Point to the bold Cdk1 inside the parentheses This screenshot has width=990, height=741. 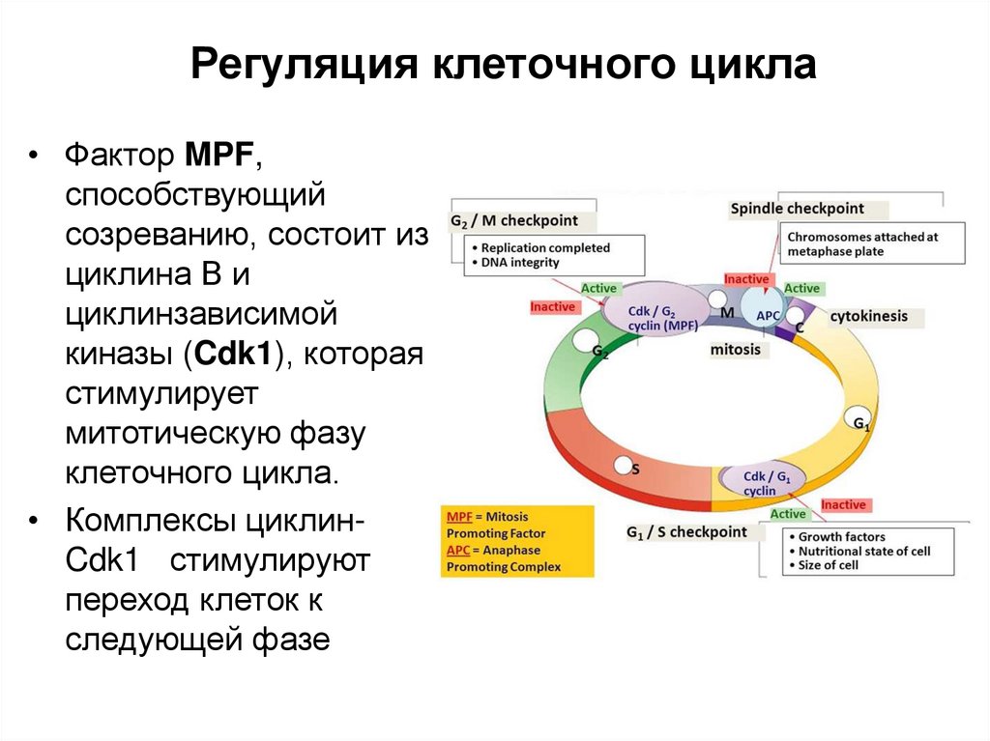pos(237,355)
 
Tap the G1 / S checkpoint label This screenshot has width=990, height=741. pos(686,532)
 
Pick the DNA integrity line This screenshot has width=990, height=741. pos(519,263)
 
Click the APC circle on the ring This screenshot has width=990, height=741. pos(768,314)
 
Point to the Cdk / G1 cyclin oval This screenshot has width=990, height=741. pos(760,483)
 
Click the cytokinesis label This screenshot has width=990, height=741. pos(868,317)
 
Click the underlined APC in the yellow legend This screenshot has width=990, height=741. pos(458,550)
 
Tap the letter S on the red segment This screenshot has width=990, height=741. pos(635,469)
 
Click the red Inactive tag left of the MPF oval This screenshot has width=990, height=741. pos(553,307)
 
